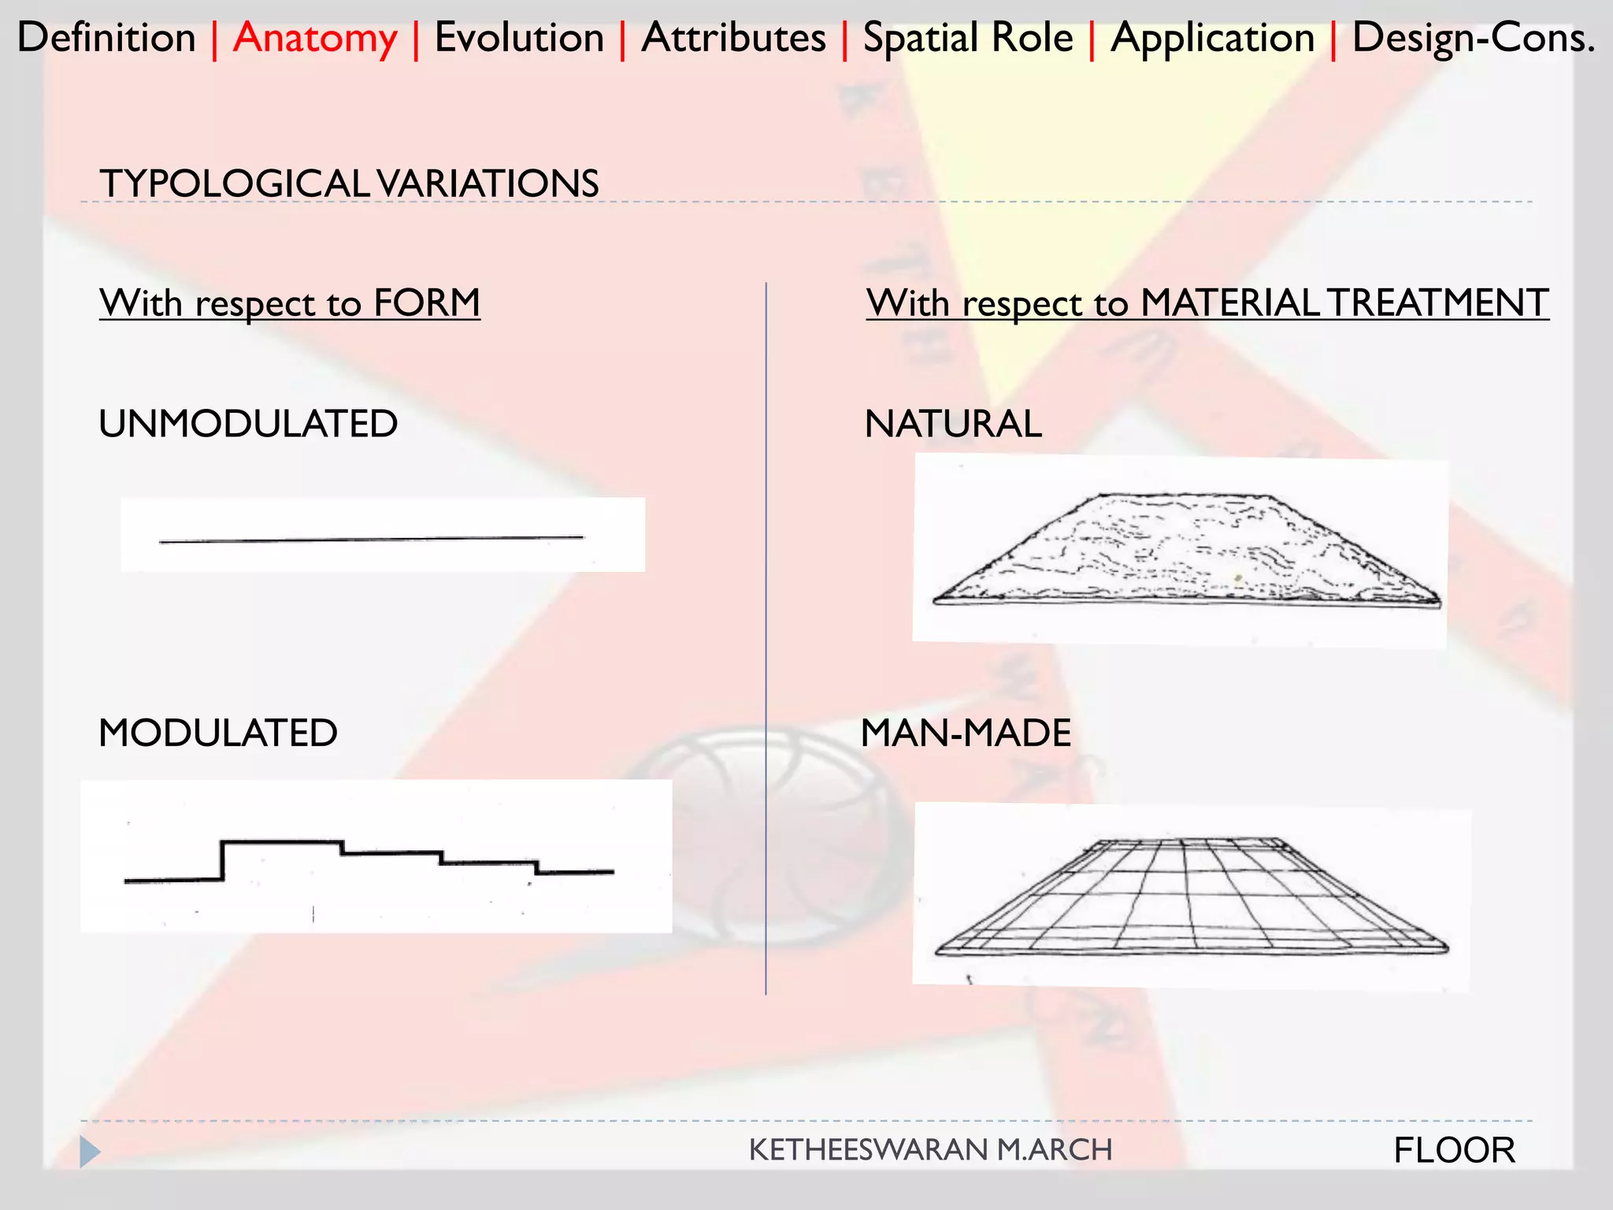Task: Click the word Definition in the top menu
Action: click(x=106, y=38)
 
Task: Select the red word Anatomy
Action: click(x=315, y=38)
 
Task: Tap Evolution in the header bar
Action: click(x=519, y=38)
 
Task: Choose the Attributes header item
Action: click(x=733, y=38)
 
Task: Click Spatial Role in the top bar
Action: click(x=968, y=38)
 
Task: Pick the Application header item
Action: click(x=1212, y=38)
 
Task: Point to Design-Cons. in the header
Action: click(x=1473, y=38)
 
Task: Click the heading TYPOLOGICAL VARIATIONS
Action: click(x=349, y=184)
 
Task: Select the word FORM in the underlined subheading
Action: click(x=426, y=302)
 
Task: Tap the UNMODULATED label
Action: click(x=248, y=424)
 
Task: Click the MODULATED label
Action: click(x=218, y=733)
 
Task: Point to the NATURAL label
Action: click(x=953, y=424)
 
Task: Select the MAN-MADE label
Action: click(x=966, y=733)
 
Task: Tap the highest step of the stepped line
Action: click(x=281, y=843)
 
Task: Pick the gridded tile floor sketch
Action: click(x=1189, y=898)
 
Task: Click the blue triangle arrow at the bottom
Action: click(x=90, y=1152)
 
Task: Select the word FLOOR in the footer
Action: click(x=1454, y=1150)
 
